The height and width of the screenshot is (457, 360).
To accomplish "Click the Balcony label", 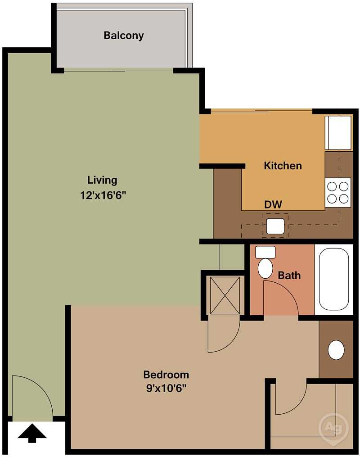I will click(123, 36).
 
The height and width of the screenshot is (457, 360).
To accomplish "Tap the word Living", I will click(102, 180).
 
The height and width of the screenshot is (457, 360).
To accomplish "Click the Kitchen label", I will click(283, 166).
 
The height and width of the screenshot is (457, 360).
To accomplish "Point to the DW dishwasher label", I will click(273, 204).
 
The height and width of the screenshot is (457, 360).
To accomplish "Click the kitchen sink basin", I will click(275, 226).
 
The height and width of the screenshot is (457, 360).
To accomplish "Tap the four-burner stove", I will click(338, 192).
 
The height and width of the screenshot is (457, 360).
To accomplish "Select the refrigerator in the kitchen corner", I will click(338, 132).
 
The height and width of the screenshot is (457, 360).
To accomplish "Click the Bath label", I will click(289, 275).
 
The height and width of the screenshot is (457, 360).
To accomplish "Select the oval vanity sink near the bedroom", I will click(336, 350).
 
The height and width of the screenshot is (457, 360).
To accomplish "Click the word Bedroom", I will click(166, 375).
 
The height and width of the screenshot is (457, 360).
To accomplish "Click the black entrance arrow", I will click(32, 434).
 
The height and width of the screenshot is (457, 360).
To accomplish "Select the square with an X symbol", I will click(225, 295).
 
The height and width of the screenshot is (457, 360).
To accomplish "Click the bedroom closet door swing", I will click(290, 398).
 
